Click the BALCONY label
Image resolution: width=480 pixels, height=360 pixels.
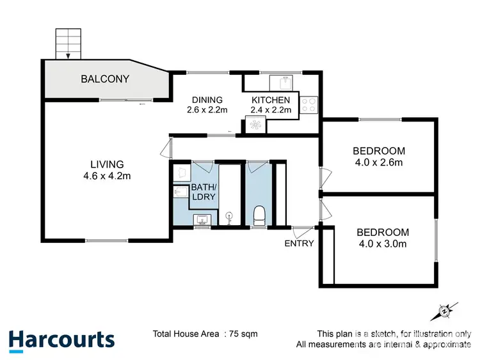[104, 79]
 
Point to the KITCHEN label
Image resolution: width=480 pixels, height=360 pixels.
[271, 100]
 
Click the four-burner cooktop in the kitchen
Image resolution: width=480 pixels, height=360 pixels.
[309, 104]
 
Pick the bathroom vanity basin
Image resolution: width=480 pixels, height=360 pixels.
[202, 220]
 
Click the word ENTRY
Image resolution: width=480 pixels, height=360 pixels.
[299, 243]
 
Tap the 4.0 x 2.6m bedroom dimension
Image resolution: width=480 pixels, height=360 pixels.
[379, 162]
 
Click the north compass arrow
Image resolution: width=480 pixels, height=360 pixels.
[444, 311]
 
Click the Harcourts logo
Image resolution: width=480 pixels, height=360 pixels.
[62, 340]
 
